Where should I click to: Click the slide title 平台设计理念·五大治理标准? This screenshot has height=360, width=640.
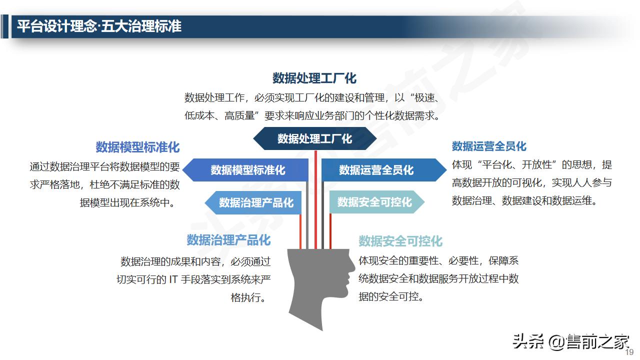coord(99,26)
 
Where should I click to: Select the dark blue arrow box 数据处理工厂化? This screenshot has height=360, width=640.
coord(314,138)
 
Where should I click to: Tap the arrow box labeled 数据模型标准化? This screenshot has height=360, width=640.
coord(247,170)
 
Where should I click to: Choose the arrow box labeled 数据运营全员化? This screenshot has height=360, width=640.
coord(377,170)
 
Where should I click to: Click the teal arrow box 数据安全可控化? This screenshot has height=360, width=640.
coord(375,202)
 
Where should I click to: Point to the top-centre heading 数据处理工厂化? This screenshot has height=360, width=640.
coord(314,78)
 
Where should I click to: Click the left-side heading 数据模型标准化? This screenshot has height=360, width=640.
coord(137,147)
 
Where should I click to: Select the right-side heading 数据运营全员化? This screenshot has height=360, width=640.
coord(489,146)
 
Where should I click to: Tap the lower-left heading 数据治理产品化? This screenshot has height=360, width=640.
coord(228,240)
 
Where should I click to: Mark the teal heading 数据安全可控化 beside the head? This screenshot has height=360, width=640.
coord(400,241)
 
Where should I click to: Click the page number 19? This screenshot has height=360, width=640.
coord(629,352)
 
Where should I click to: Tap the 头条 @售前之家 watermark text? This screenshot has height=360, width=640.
coord(570,342)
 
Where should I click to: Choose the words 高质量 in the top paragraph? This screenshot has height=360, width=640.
coord(240,116)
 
